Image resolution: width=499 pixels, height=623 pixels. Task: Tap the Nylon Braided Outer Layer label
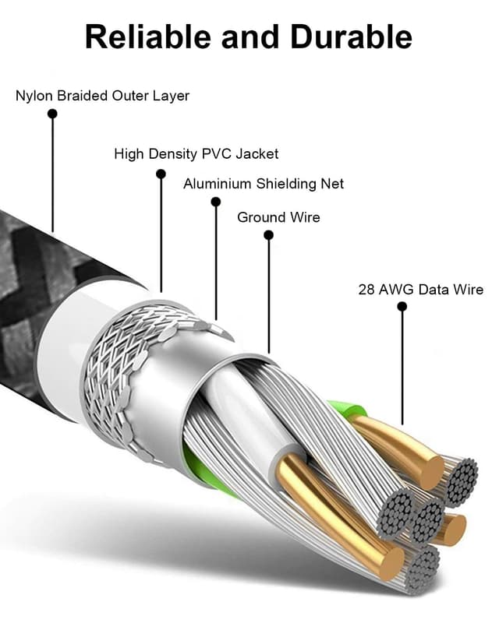102,96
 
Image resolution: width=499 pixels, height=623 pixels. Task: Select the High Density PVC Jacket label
196,154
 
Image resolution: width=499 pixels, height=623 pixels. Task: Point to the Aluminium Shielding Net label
263,184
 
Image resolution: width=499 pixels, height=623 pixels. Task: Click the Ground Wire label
278,217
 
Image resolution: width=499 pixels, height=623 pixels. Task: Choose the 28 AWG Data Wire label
420,290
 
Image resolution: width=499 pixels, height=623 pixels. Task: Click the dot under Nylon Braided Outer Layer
52,114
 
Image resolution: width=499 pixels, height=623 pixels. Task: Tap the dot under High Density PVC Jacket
161,174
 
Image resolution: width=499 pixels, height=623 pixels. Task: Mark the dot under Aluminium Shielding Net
216,202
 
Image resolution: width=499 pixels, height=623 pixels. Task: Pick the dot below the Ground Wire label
268,234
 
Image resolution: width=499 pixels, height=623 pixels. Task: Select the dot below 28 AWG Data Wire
402,307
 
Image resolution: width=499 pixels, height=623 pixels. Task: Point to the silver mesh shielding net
133,366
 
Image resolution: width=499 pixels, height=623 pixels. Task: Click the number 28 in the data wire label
366,290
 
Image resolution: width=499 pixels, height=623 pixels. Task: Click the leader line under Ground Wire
268,296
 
